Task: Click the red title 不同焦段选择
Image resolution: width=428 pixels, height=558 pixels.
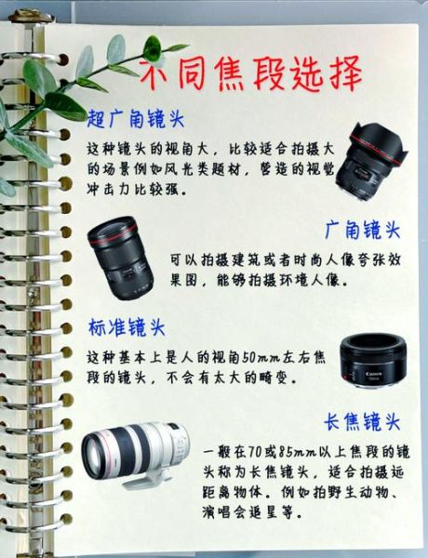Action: (x=250, y=74)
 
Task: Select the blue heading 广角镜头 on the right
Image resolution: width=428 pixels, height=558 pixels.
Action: (x=362, y=229)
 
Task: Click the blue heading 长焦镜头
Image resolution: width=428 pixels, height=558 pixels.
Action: (x=362, y=420)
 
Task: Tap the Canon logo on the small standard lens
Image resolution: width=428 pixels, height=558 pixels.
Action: (x=371, y=371)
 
